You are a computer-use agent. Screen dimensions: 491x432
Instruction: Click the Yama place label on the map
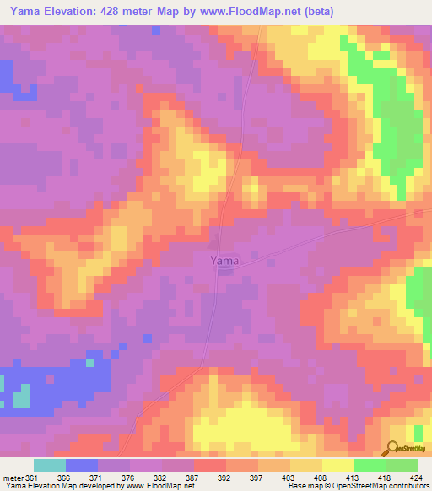tap(224, 261)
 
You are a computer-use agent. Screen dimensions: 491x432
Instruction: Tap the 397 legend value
tap(258, 476)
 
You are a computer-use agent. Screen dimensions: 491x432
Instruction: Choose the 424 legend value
tap(415, 476)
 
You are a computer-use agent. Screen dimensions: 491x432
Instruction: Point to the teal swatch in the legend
tap(50, 465)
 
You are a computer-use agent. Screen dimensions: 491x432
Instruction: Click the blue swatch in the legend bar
tap(82, 465)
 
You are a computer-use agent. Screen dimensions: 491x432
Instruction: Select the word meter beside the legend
tap(13, 476)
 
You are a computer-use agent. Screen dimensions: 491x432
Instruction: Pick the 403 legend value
tap(289, 476)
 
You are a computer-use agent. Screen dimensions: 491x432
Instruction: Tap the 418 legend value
tap(384, 476)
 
